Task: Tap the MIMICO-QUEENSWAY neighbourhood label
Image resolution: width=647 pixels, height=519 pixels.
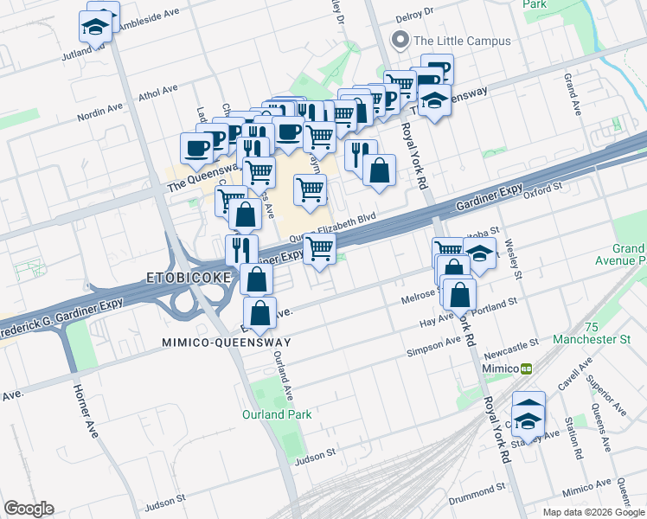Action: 227,343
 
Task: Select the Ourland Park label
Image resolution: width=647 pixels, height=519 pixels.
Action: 277,414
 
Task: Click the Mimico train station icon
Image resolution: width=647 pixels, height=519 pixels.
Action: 525,368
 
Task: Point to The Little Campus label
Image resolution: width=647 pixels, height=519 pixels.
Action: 462,40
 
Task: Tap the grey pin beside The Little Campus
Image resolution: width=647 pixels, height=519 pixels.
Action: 400,40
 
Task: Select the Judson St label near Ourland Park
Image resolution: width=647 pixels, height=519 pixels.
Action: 314,453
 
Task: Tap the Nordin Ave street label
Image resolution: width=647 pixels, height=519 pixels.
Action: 101,112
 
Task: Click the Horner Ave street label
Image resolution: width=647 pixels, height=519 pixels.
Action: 84,410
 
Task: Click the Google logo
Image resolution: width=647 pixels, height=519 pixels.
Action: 29,509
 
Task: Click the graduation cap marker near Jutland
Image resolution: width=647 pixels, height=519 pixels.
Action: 97,27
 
